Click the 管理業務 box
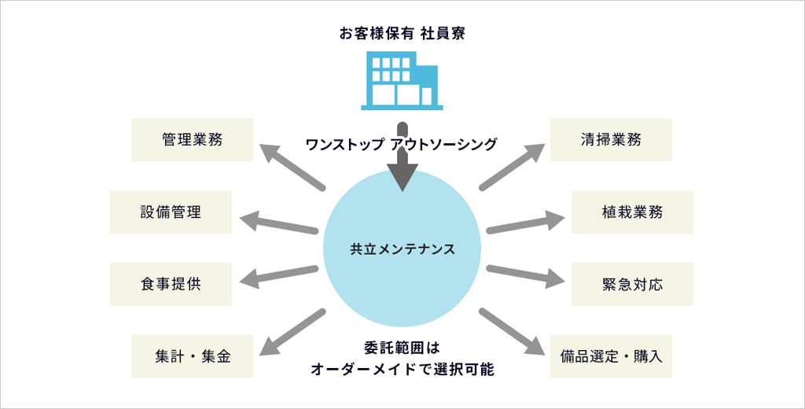[x=192, y=140]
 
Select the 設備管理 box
[x=171, y=212]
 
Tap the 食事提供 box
[x=171, y=284]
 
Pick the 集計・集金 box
[x=192, y=356]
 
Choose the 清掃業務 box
[x=611, y=140]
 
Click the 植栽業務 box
[x=633, y=212]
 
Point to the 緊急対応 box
[x=633, y=284]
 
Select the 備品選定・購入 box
[x=611, y=356]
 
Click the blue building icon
[x=402, y=81]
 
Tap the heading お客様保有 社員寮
[x=402, y=34]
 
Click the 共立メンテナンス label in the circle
[x=402, y=249]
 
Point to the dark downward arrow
[x=402, y=157]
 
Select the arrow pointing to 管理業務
[x=292, y=167]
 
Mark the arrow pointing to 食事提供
[x=279, y=275]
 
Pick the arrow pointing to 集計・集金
[x=292, y=332]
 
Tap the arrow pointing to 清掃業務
[x=512, y=167]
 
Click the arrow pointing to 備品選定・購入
[x=512, y=332]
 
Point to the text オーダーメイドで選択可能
[x=402, y=370]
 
